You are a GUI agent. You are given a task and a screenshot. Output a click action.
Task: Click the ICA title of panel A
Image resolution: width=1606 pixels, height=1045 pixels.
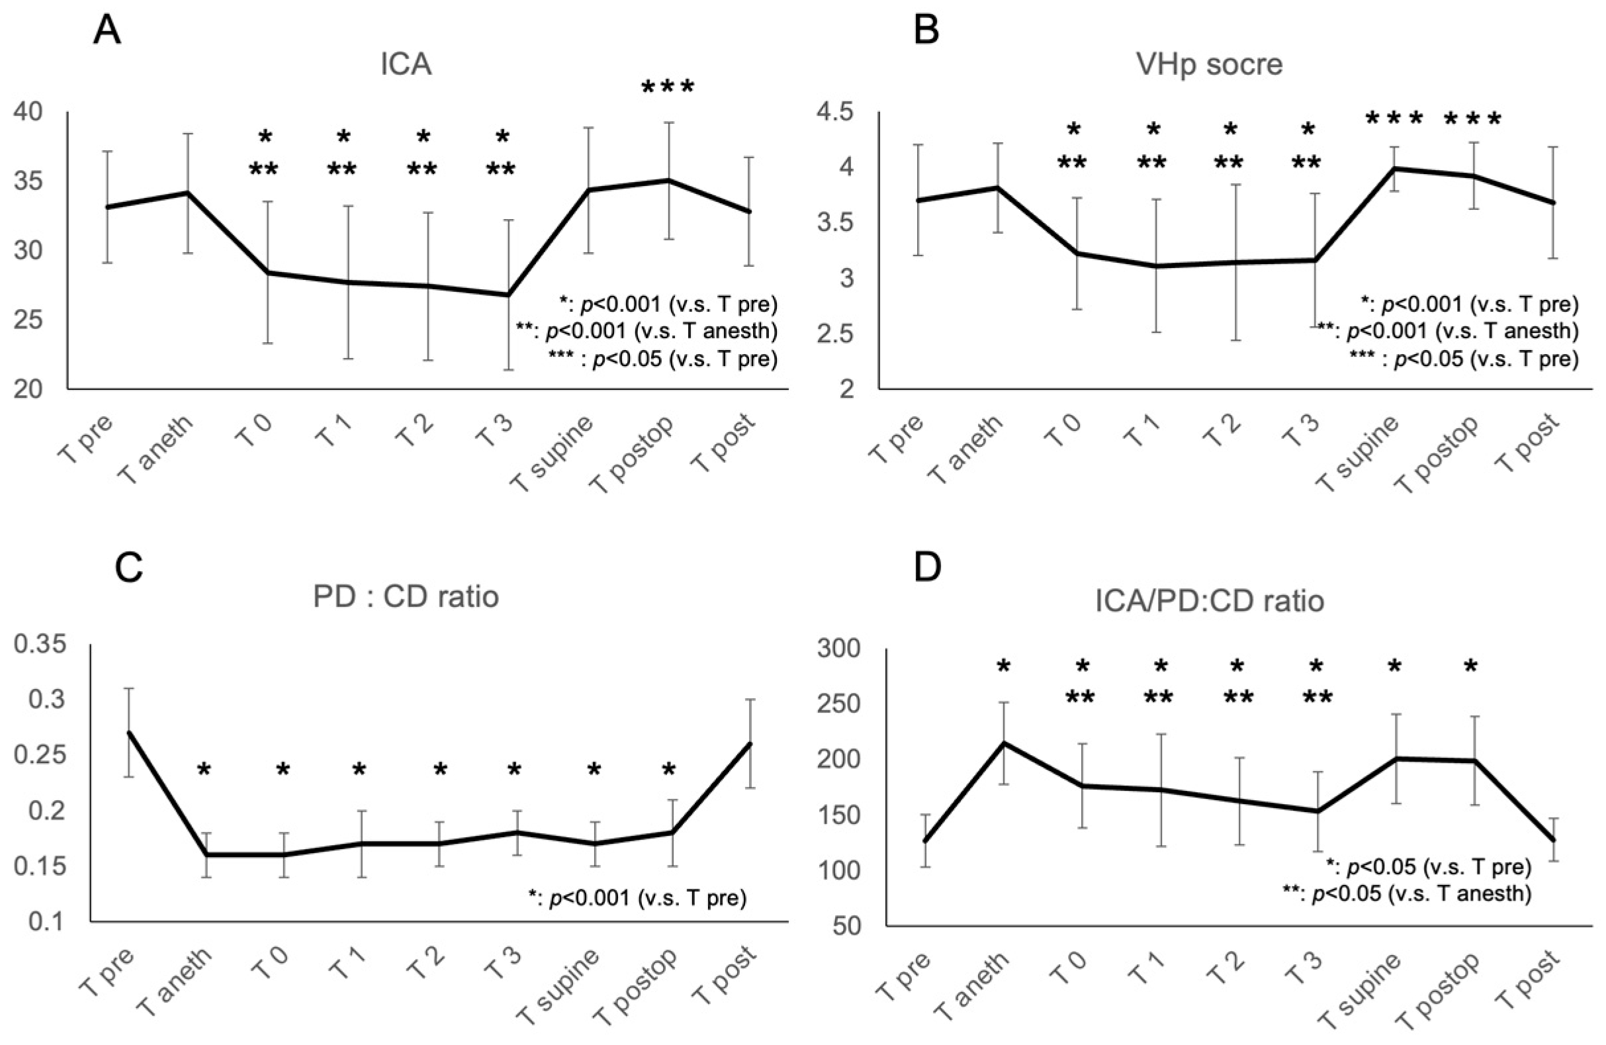(406, 66)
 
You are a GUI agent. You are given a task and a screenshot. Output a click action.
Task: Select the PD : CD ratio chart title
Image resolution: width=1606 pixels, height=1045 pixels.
(406, 597)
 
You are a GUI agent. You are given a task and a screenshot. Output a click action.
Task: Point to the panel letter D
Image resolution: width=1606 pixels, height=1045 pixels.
(927, 568)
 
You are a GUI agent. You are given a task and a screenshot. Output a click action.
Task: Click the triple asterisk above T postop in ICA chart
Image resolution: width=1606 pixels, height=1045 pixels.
(668, 88)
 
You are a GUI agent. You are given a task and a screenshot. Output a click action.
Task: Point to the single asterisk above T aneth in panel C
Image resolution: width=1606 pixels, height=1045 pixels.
(204, 770)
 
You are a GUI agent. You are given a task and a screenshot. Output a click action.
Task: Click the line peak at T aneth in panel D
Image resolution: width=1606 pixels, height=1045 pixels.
(1003, 743)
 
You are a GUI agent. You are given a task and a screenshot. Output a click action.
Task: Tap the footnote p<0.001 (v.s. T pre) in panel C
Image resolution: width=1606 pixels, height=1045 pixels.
(638, 899)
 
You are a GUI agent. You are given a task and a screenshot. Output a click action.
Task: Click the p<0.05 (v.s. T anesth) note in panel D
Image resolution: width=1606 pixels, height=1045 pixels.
(1407, 893)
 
